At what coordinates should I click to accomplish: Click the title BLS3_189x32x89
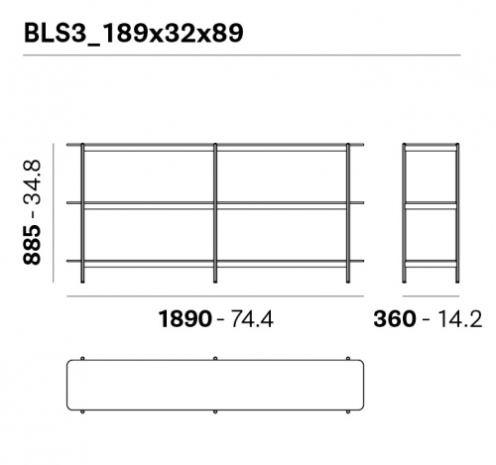point(134,34)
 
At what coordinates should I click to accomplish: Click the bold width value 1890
point(186,319)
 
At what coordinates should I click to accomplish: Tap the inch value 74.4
point(252,319)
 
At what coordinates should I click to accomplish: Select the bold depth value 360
point(394,319)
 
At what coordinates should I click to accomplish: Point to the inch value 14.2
point(459,319)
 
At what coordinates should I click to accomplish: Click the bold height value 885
point(33,245)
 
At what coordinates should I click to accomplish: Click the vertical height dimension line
point(53,212)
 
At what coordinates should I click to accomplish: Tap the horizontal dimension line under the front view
point(215,296)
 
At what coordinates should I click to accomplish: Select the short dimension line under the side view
point(431,296)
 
